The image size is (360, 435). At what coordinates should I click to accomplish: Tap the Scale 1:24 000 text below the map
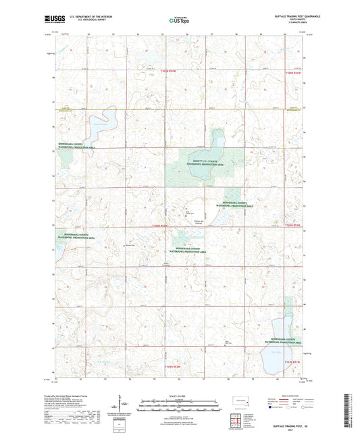(x=180, y=395)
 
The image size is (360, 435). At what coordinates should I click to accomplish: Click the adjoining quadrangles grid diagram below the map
(x=237, y=417)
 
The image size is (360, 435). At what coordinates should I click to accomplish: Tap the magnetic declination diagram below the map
(x=120, y=407)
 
